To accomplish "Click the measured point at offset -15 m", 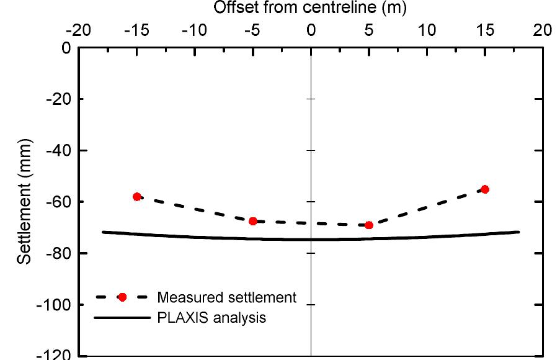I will click(x=136, y=197).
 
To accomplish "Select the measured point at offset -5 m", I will click(x=253, y=221).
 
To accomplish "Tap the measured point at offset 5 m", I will click(x=369, y=225).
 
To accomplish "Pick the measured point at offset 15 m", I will click(x=485, y=189).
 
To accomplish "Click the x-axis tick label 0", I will click(x=311, y=30).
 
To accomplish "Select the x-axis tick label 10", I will click(x=427, y=30).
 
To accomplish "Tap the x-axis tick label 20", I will click(x=543, y=30).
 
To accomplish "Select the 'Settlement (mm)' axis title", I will click(x=25, y=202).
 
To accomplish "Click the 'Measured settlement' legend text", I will click(x=227, y=297).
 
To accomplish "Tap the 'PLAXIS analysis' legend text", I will click(x=211, y=318).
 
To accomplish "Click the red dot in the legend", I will click(x=123, y=297).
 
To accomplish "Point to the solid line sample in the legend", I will click(x=122, y=318).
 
